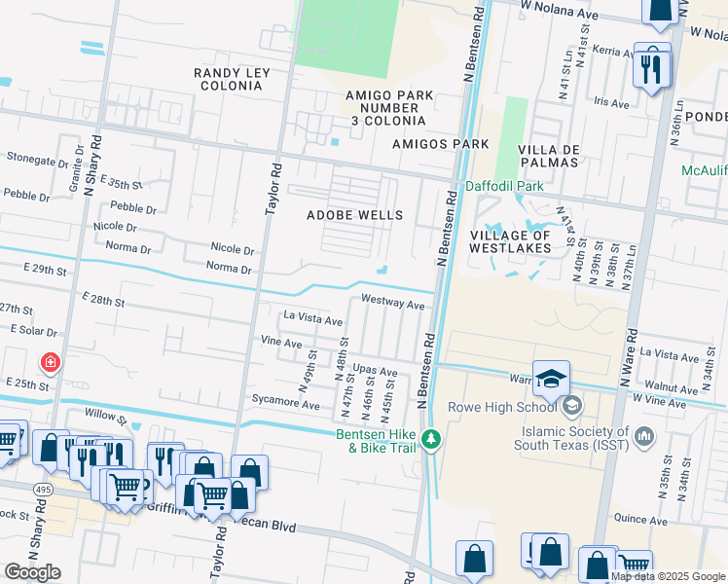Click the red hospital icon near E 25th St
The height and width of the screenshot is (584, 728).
(50, 364)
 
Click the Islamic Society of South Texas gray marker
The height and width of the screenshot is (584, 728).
(642, 439)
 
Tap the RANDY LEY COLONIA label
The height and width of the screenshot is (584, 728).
(229, 79)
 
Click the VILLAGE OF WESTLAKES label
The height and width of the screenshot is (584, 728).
(511, 241)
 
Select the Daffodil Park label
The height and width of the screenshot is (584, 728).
(503, 185)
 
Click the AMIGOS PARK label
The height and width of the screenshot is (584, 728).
(440, 143)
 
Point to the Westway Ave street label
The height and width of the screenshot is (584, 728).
(393, 304)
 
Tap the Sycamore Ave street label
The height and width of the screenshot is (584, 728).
(284, 405)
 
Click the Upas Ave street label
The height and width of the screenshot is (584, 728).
(375, 371)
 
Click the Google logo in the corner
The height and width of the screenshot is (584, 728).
(32, 572)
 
